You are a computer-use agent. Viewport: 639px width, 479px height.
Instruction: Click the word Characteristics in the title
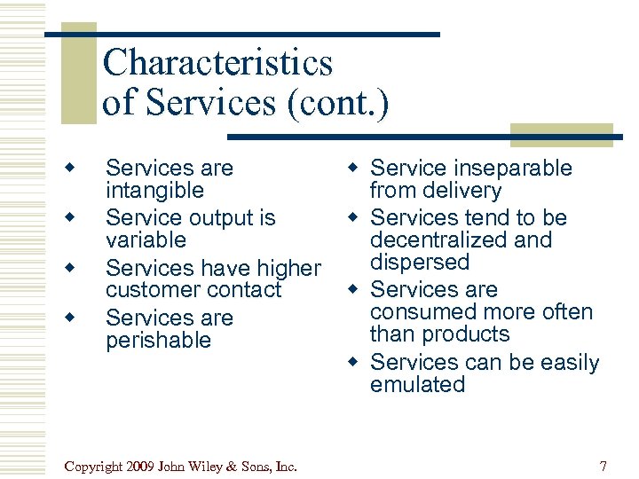click(x=217, y=63)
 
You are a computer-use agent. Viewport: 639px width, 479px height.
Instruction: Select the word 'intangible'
click(x=154, y=191)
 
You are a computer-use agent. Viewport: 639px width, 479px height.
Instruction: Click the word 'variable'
click(x=146, y=240)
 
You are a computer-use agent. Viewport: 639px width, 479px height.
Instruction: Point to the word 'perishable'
click(x=158, y=341)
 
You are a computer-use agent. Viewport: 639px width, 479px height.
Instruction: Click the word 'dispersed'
click(x=419, y=263)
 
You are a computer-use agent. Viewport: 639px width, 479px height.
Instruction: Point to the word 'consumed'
click(x=422, y=312)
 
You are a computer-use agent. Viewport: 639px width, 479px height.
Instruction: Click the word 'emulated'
click(x=417, y=385)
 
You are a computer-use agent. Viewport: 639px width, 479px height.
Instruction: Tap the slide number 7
click(x=603, y=466)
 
